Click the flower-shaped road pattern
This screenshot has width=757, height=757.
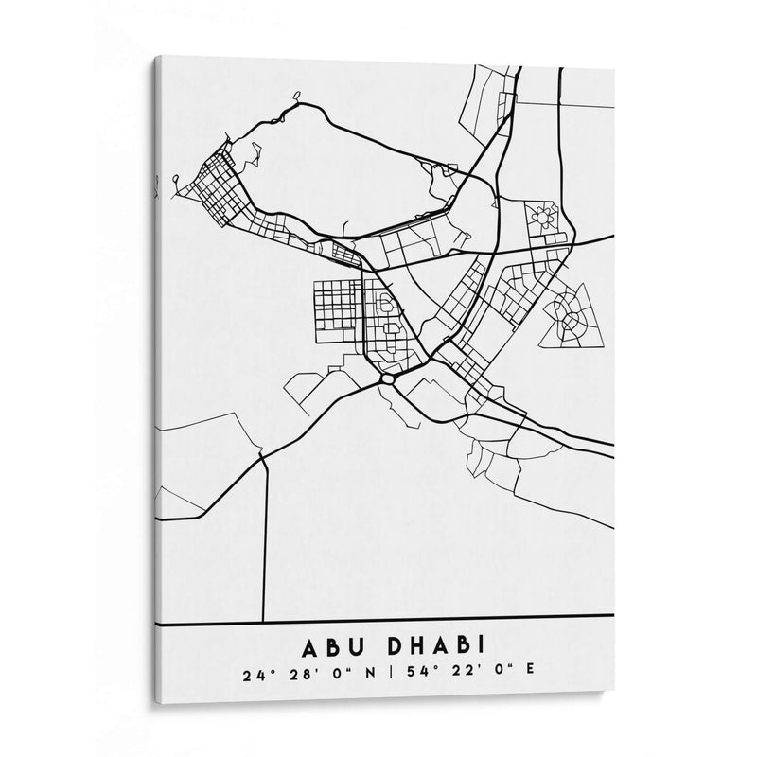tap(544, 218)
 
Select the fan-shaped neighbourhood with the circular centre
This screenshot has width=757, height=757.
tap(569, 317)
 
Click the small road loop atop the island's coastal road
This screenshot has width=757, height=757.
tap(296, 95)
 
